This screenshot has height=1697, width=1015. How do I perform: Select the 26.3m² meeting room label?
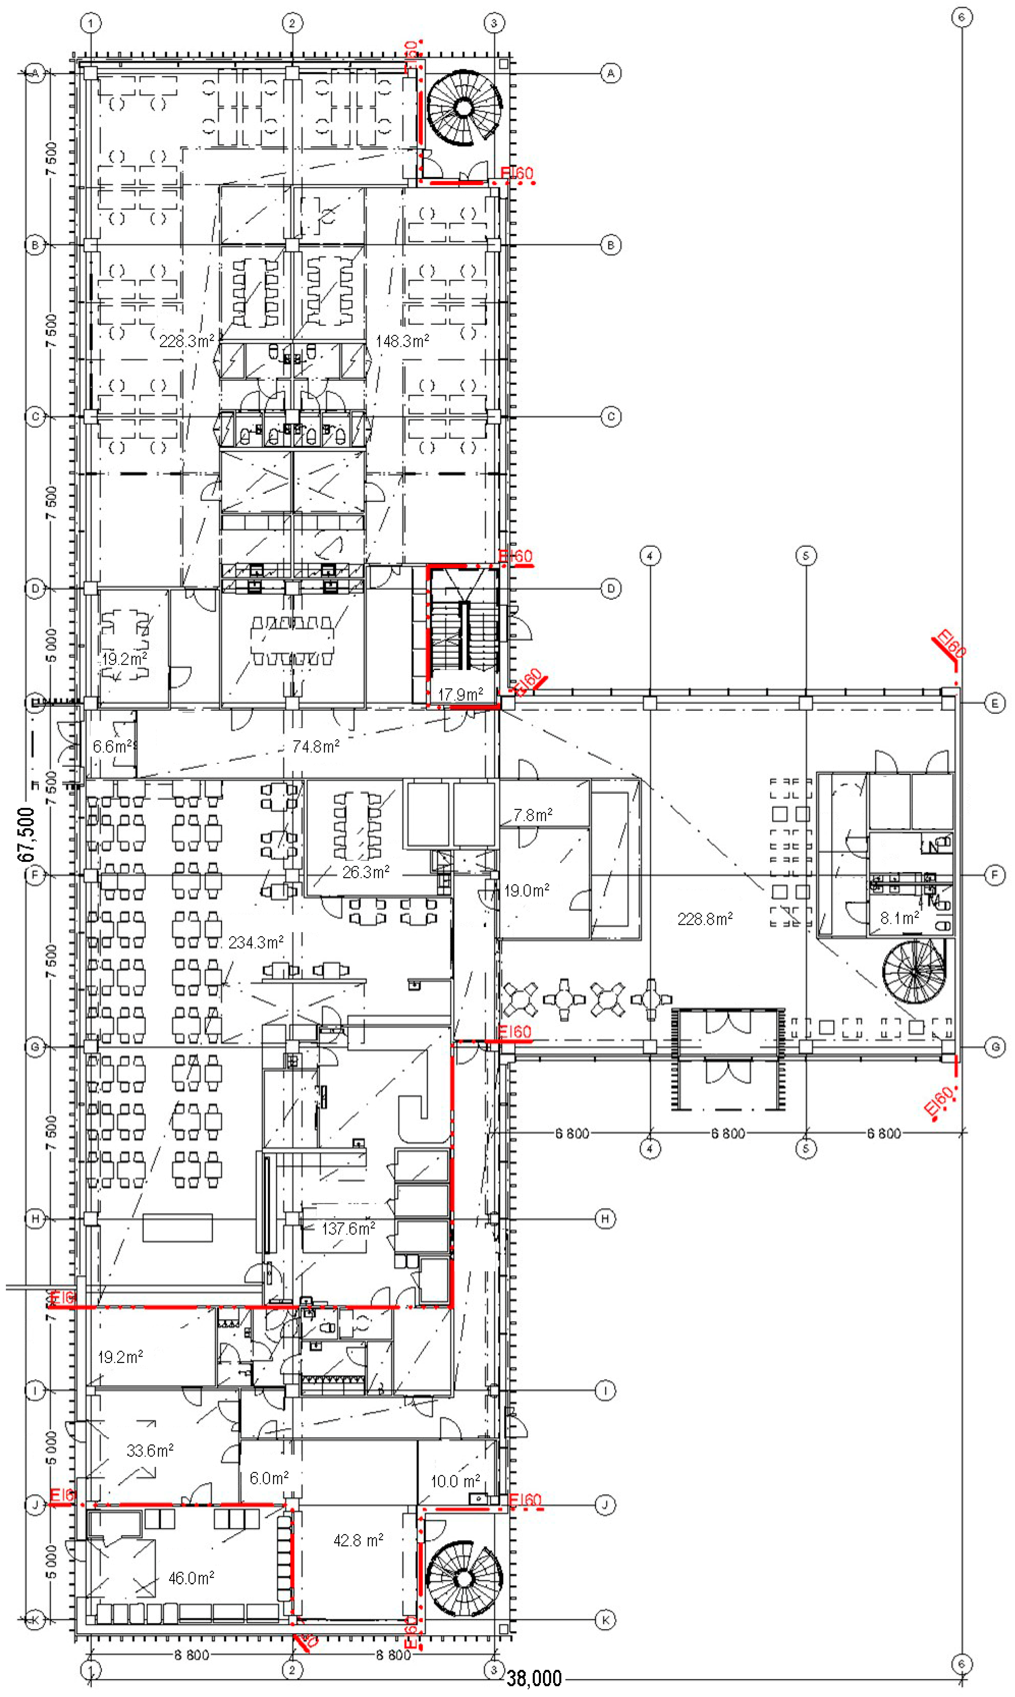(x=366, y=872)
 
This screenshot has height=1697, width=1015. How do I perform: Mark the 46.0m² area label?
(x=191, y=1578)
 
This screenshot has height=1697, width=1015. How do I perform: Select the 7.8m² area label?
(x=533, y=815)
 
